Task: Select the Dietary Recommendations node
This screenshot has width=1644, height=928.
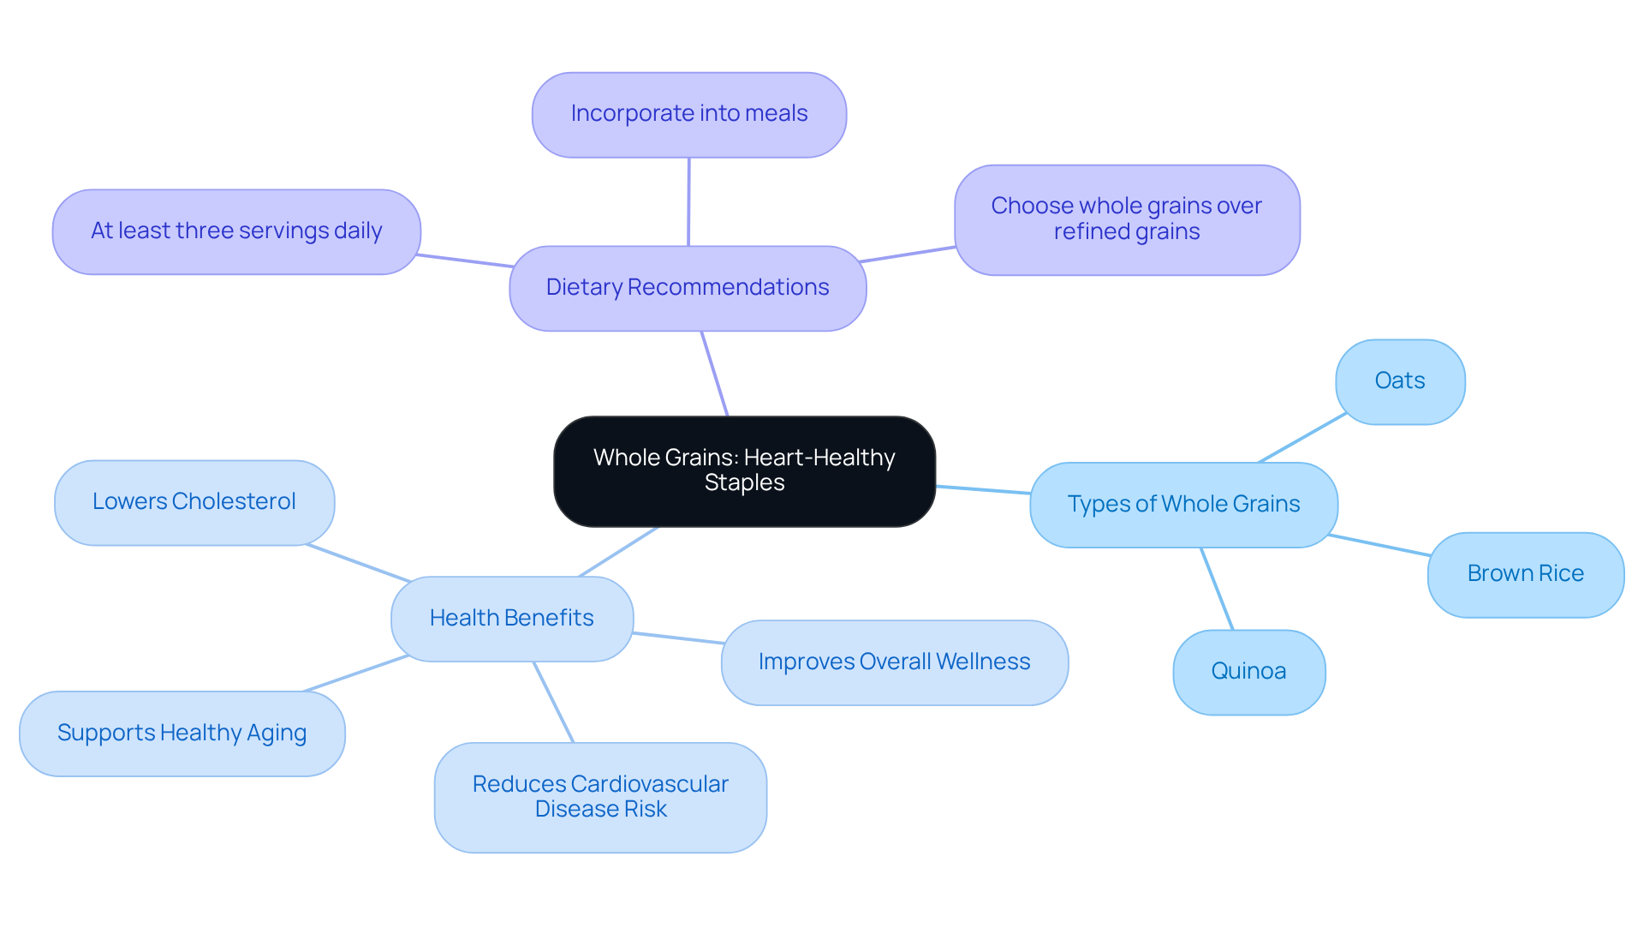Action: point(687,288)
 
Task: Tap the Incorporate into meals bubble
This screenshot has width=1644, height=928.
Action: point(688,114)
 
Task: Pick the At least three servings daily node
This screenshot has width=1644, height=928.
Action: point(236,231)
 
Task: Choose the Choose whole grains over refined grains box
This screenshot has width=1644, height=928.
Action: point(1126,219)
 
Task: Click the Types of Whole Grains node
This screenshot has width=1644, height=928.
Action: point(1182,505)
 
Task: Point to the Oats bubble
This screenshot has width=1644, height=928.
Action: point(1399,381)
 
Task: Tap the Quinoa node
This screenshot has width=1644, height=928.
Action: point(1248,672)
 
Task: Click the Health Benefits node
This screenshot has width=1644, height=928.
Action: point(511,618)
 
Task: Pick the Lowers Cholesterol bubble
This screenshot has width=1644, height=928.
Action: point(194,502)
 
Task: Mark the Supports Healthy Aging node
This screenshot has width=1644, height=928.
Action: point(182,733)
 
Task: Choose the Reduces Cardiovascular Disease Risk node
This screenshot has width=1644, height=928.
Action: point(599,797)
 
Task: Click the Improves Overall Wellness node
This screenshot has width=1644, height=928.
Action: point(894,662)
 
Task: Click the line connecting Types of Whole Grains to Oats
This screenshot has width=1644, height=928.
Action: point(1301,438)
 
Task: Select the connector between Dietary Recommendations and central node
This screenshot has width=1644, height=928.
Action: point(714,374)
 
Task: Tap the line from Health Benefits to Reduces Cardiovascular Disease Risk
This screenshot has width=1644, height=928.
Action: point(553,702)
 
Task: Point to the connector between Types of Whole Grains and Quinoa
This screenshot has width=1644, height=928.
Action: point(1217,589)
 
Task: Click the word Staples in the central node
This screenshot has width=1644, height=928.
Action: point(743,483)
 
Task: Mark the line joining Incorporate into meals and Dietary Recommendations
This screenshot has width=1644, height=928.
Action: point(688,201)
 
